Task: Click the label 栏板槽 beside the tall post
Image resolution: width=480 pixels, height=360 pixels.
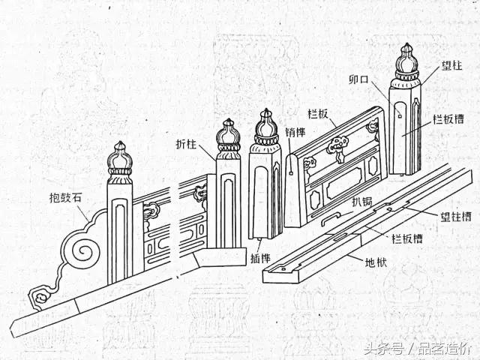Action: click(x=448, y=118)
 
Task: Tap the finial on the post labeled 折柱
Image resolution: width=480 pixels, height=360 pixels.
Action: click(x=228, y=137)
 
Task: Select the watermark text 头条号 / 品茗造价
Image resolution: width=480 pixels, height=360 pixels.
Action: click(x=416, y=349)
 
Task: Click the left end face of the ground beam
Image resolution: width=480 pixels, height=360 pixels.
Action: click(x=274, y=274)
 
